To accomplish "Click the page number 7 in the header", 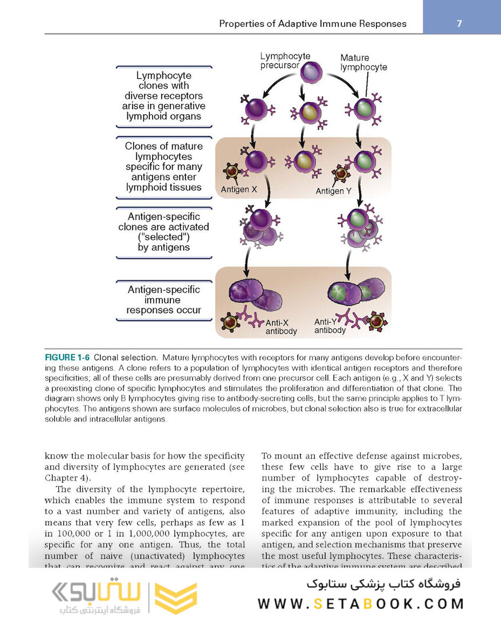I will pos(459,23).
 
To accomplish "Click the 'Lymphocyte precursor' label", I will pos(285,61).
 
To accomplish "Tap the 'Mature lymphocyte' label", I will pos(363,62).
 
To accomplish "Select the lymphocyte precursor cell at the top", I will pos(309,73).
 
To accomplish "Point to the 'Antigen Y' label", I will pos(333,191).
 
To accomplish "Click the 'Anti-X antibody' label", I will pos(281,327).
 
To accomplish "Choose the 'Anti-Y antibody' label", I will pos(330,326).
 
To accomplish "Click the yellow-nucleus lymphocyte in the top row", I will pos(308,111).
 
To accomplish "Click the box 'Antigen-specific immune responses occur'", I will pos(164,300).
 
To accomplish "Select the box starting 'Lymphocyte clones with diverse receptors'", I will pos(164,96).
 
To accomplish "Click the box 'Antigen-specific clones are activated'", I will pos(164,232).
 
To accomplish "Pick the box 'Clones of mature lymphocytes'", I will pos(164,166).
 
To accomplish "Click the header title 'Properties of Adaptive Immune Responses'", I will pos(313,24).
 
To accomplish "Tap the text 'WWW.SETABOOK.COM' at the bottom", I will pos(360,603).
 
